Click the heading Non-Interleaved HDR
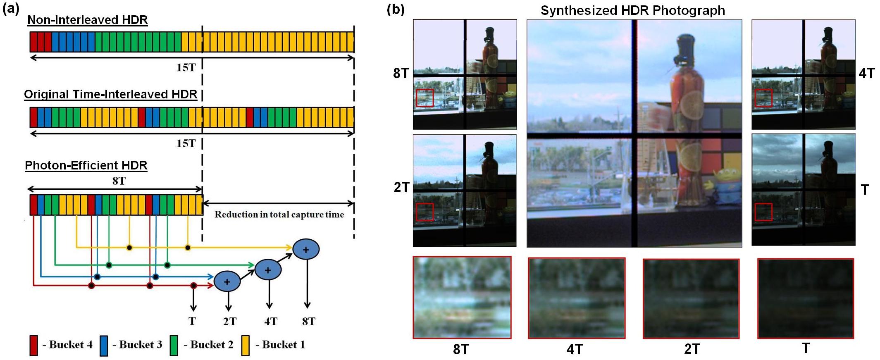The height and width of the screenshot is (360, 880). (x=87, y=20)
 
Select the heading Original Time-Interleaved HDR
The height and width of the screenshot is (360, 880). (x=110, y=94)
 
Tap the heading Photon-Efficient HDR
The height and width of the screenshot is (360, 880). (x=86, y=165)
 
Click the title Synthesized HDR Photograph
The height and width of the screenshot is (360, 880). (x=632, y=10)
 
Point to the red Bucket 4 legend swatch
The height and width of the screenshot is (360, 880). (x=34, y=345)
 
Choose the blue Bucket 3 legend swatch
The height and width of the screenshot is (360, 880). (x=104, y=345)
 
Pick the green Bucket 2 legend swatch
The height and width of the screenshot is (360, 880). (x=174, y=345)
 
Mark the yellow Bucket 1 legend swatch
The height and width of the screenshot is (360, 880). (x=246, y=345)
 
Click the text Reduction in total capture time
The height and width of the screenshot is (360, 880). (x=279, y=215)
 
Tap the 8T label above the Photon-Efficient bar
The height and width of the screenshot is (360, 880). (x=119, y=181)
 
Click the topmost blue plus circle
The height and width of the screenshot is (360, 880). (x=306, y=250)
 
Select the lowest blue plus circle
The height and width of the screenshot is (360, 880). (x=227, y=281)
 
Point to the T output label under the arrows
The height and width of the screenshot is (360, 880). (x=192, y=321)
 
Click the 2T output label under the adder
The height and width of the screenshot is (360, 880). (x=229, y=322)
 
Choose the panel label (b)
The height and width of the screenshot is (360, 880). (x=396, y=9)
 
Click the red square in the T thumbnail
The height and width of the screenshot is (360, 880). (x=763, y=212)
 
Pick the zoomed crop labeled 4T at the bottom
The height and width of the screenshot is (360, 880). (x=577, y=298)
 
